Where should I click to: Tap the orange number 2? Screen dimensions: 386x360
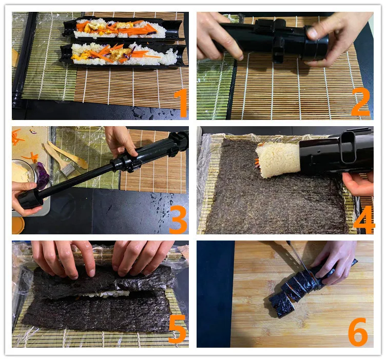(360, 102)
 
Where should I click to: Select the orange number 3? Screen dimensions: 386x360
(178, 219)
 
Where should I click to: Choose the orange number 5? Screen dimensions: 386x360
(177, 329)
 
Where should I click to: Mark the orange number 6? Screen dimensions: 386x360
(358, 332)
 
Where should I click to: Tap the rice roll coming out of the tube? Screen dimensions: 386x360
(278, 160)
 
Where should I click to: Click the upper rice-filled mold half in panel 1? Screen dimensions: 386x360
(123, 28)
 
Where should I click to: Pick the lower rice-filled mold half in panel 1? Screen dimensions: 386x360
(123, 54)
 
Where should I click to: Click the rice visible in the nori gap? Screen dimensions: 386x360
(106, 293)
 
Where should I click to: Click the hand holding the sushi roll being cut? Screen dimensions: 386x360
(335, 263)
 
